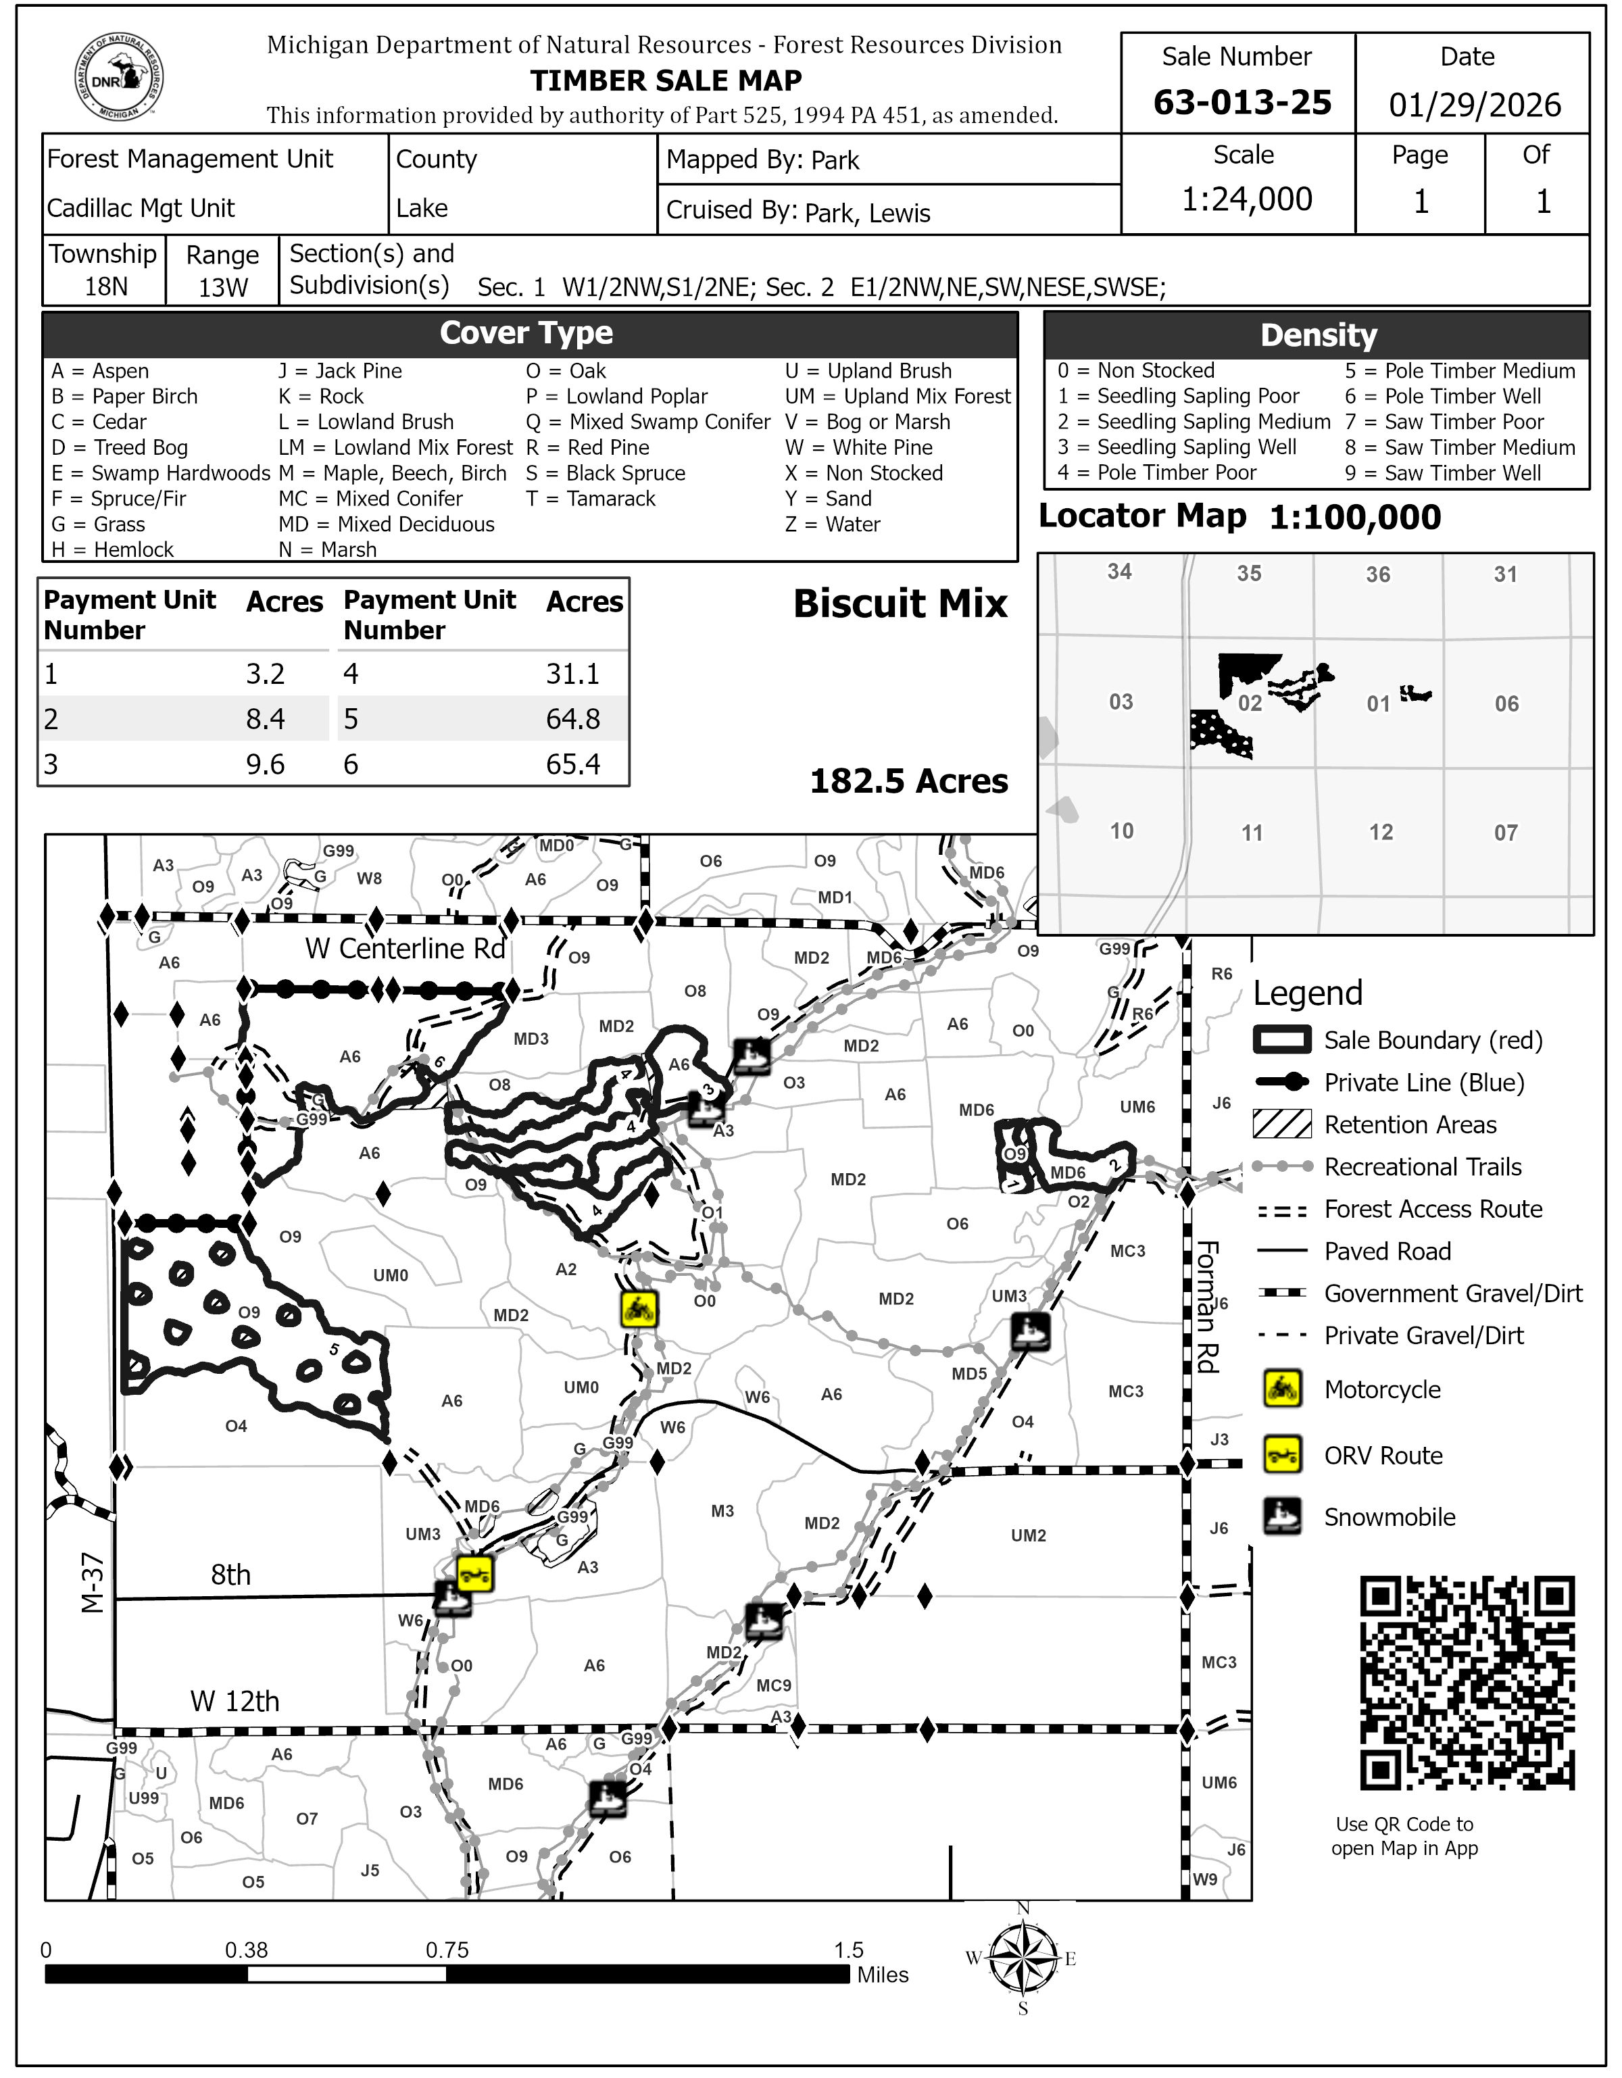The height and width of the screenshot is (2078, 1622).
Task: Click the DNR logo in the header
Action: click(119, 78)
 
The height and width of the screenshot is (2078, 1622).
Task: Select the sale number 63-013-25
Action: click(1242, 102)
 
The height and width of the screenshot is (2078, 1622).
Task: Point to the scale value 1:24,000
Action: click(1246, 199)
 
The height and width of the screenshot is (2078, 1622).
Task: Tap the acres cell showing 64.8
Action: click(572, 718)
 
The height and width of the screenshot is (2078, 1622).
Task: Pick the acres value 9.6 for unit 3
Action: click(266, 764)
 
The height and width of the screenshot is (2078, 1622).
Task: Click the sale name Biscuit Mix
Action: click(900, 603)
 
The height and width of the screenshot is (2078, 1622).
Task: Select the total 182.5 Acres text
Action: click(908, 781)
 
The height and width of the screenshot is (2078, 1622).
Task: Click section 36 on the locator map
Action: click(1377, 574)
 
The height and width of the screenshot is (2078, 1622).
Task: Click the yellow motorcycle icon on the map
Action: click(639, 1309)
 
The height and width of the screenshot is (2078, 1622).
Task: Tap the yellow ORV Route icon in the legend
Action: click(1282, 1455)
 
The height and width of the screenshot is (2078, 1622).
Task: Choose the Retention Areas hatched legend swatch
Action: click(1282, 1124)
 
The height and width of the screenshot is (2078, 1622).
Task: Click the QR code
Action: click(1467, 1683)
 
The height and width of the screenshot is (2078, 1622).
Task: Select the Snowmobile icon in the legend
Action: click(1282, 1516)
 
